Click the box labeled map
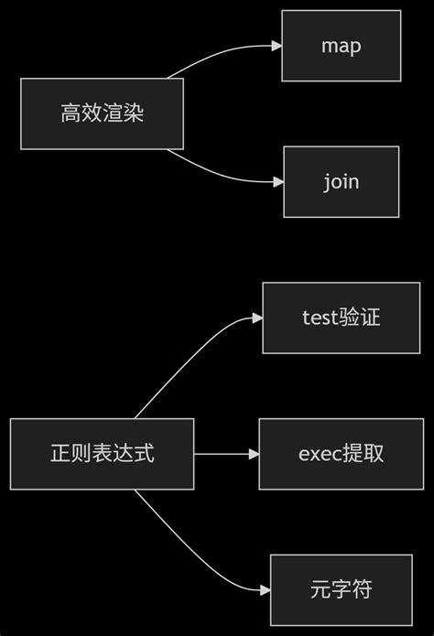[341, 46]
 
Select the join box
[341, 181]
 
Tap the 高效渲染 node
[102, 113]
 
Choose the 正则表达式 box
[102, 454]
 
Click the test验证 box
[341, 318]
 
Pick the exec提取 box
[341, 454]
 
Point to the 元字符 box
[341, 589]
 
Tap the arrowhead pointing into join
[277, 181]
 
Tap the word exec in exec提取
[318, 454]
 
